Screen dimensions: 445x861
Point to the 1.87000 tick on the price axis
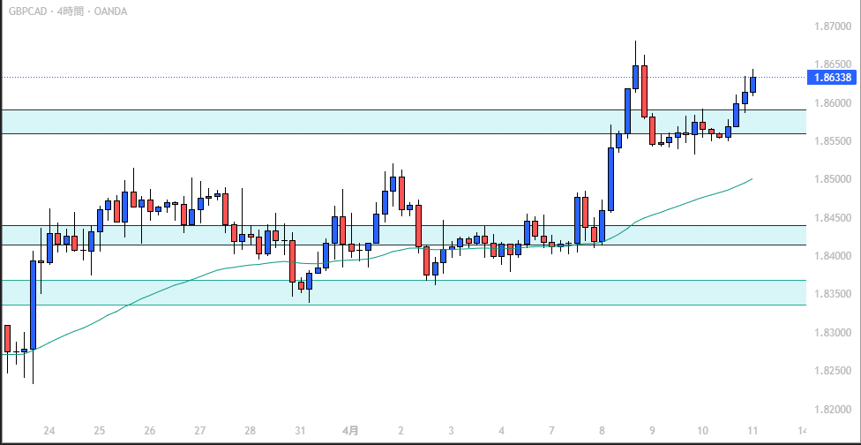click(x=830, y=26)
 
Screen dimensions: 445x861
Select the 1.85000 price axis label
click(x=830, y=179)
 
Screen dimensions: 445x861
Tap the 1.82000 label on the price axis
click(x=830, y=409)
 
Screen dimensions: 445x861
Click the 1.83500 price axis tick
click(x=830, y=294)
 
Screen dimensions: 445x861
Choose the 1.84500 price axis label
click(x=830, y=218)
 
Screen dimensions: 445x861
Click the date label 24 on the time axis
click(x=49, y=431)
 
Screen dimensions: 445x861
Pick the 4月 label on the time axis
click(x=350, y=431)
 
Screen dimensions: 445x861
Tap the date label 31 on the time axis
click(x=301, y=431)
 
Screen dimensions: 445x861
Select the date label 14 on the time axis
click(x=802, y=431)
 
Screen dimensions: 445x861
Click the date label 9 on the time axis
click(x=652, y=431)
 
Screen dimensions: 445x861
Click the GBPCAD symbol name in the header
click(x=27, y=11)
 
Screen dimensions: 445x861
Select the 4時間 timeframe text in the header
click(x=72, y=11)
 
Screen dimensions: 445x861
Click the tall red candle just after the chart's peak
click(x=644, y=90)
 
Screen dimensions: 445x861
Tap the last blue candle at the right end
click(x=753, y=84)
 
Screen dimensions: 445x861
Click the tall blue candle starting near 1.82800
click(x=34, y=305)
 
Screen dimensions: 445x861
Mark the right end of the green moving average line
click(x=752, y=178)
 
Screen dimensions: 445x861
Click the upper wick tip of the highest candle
click(x=635, y=41)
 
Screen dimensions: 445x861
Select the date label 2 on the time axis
click(x=401, y=431)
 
